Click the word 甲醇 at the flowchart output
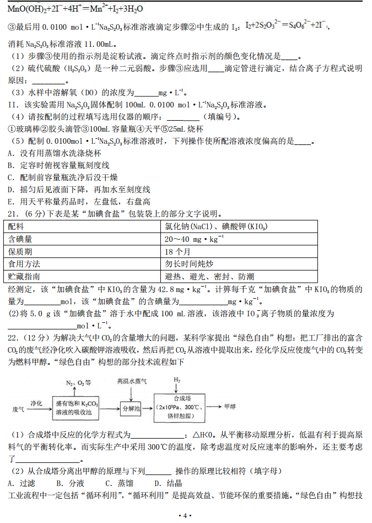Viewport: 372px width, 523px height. tap(229, 407)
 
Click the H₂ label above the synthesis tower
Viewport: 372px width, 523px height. tap(177, 380)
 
